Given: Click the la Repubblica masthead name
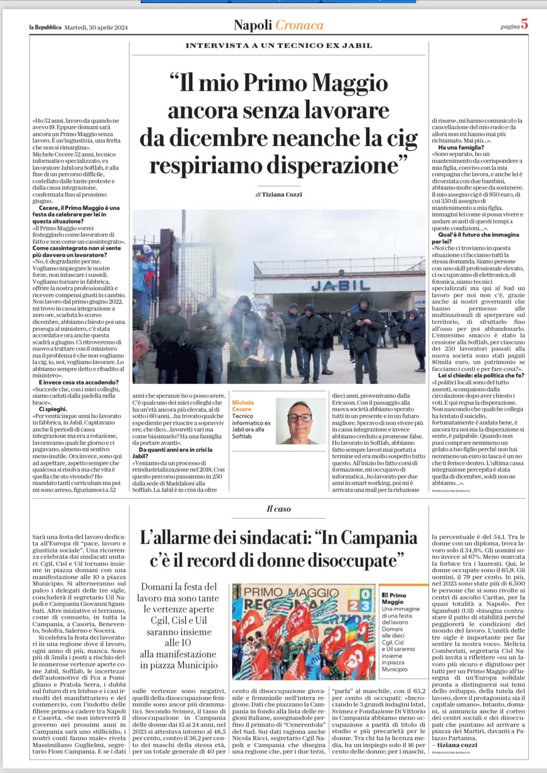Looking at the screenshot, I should pos(46,27).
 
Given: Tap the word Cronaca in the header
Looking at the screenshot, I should pos(299,25).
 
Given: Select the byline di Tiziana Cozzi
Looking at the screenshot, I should pos(279,194).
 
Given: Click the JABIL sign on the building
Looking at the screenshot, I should pos(341,285).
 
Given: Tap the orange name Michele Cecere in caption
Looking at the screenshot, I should pos(243,406).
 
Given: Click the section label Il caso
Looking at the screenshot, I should pos(279,508).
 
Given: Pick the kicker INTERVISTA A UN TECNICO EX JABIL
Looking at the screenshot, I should pos(279,46).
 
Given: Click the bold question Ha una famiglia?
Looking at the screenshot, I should pos(461,147).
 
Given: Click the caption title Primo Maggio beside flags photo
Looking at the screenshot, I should pos(396,599).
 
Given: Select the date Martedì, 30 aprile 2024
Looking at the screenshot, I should pos(96,27).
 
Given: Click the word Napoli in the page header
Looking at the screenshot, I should pos(253,25).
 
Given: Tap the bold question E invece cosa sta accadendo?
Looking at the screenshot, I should pos(78,382).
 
